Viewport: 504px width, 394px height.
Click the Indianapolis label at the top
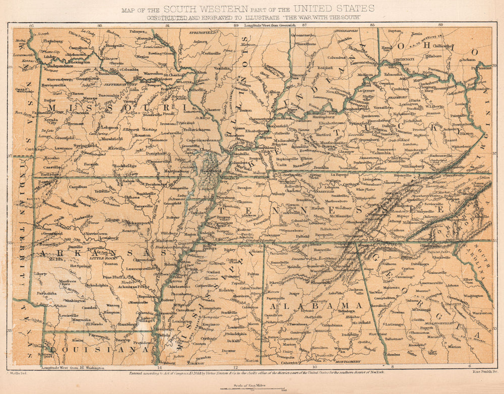(347, 31)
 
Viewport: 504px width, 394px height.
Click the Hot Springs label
(81, 266)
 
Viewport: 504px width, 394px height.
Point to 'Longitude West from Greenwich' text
(270, 25)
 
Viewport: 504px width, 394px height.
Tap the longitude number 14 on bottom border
(160, 368)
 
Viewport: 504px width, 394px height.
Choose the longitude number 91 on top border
(167, 25)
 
